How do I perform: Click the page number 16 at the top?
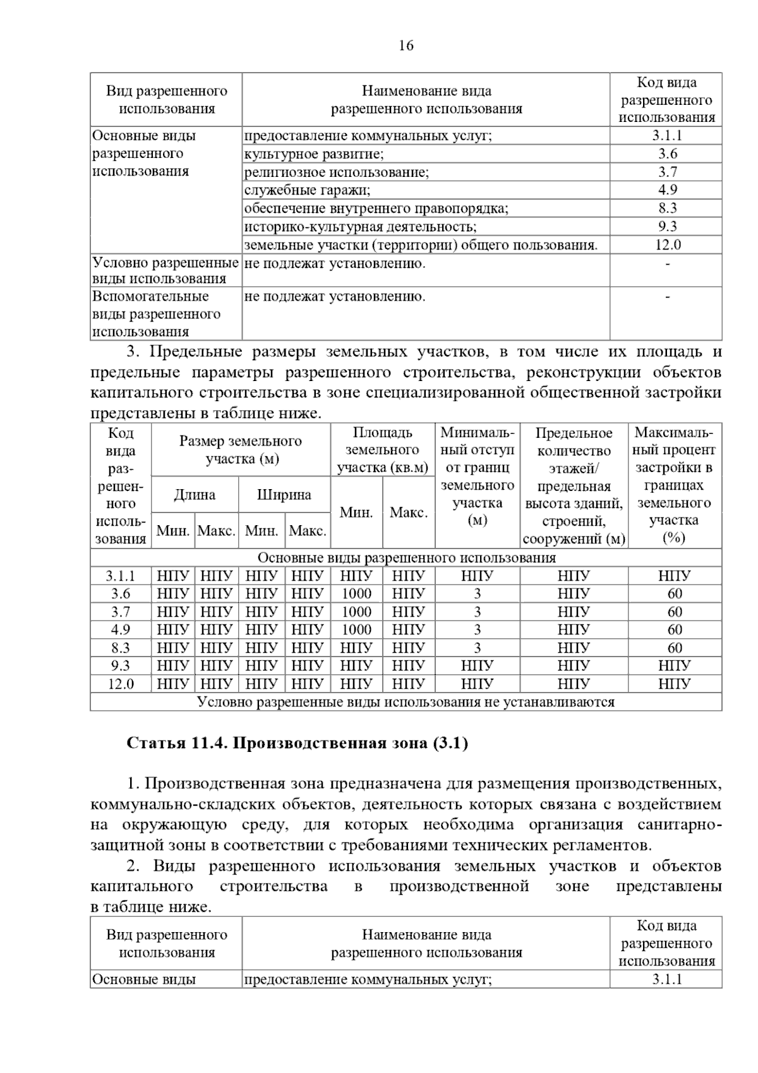coord(406,45)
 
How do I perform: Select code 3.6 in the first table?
coord(667,154)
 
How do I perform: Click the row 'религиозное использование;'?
coord(336,172)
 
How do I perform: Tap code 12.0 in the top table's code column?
coord(667,245)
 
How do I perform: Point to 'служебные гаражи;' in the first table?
coord(307,190)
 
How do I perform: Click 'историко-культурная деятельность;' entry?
coord(360,226)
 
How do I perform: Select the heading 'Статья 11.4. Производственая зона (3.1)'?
coord(297,743)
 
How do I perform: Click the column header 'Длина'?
coord(195,495)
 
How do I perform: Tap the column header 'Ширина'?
coord(284,495)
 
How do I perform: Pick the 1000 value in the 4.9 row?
coord(356,629)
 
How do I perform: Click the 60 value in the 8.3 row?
coord(675,648)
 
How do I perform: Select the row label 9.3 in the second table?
coord(120,665)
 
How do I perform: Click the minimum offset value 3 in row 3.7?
coord(477,612)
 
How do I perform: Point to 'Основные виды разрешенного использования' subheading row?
coord(406,557)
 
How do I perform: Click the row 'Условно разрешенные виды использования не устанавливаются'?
coord(406,702)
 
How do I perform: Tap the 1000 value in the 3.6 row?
coord(356,593)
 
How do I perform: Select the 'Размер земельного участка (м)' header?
coord(241,450)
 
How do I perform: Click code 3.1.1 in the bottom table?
coord(667,979)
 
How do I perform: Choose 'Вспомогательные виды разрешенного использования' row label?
coord(156,314)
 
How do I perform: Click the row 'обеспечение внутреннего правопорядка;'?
coord(376,208)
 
